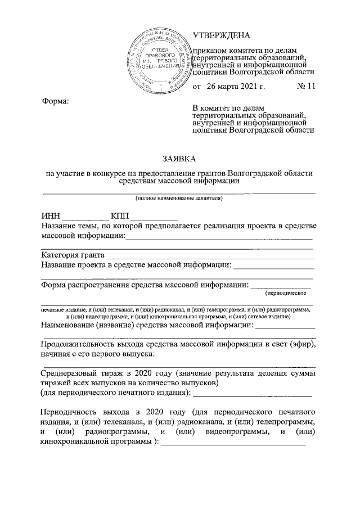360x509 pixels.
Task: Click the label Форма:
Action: (x=56, y=101)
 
